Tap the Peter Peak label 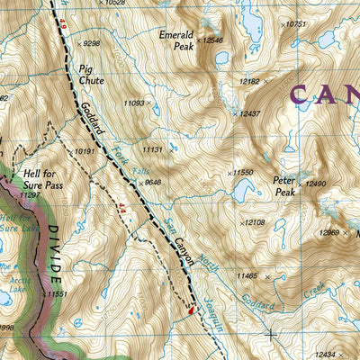[x=284, y=185]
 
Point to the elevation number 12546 [x=211, y=40]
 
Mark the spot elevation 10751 [x=294, y=24]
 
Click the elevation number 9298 [x=91, y=42]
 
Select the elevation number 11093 [x=133, y=104]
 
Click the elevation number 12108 [x=254, y=221]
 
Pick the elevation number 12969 [x=329, y=233]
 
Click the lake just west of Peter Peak [x=241, y=190]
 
